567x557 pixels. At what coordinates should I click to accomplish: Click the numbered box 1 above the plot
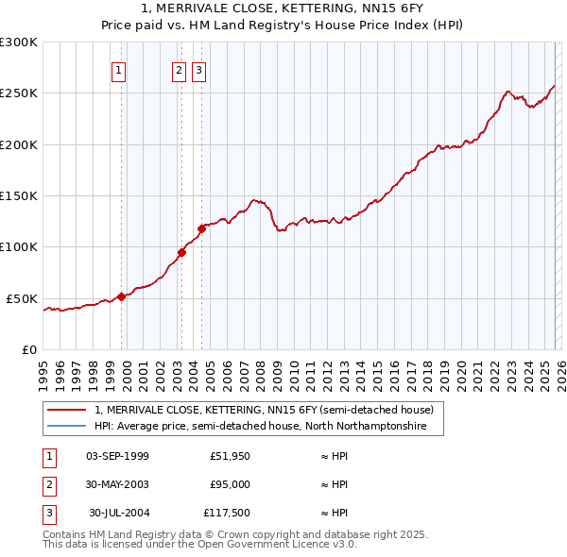click(119, 69)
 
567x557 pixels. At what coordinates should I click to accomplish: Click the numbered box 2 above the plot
click(179, 69)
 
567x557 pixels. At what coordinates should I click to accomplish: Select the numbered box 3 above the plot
click(199, 69)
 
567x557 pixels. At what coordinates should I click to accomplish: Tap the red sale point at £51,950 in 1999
click(121, 296)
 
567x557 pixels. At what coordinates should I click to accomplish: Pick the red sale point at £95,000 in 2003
click(182, 251)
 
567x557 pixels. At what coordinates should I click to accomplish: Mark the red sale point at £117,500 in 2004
click(201, 228)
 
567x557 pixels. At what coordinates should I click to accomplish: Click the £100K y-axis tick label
click(19, 246)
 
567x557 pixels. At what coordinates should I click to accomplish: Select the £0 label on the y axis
click(29, 349)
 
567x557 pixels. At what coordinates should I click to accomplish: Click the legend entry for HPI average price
click(260, 427)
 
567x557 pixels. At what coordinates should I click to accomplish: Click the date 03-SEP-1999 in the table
click(117, 456)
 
